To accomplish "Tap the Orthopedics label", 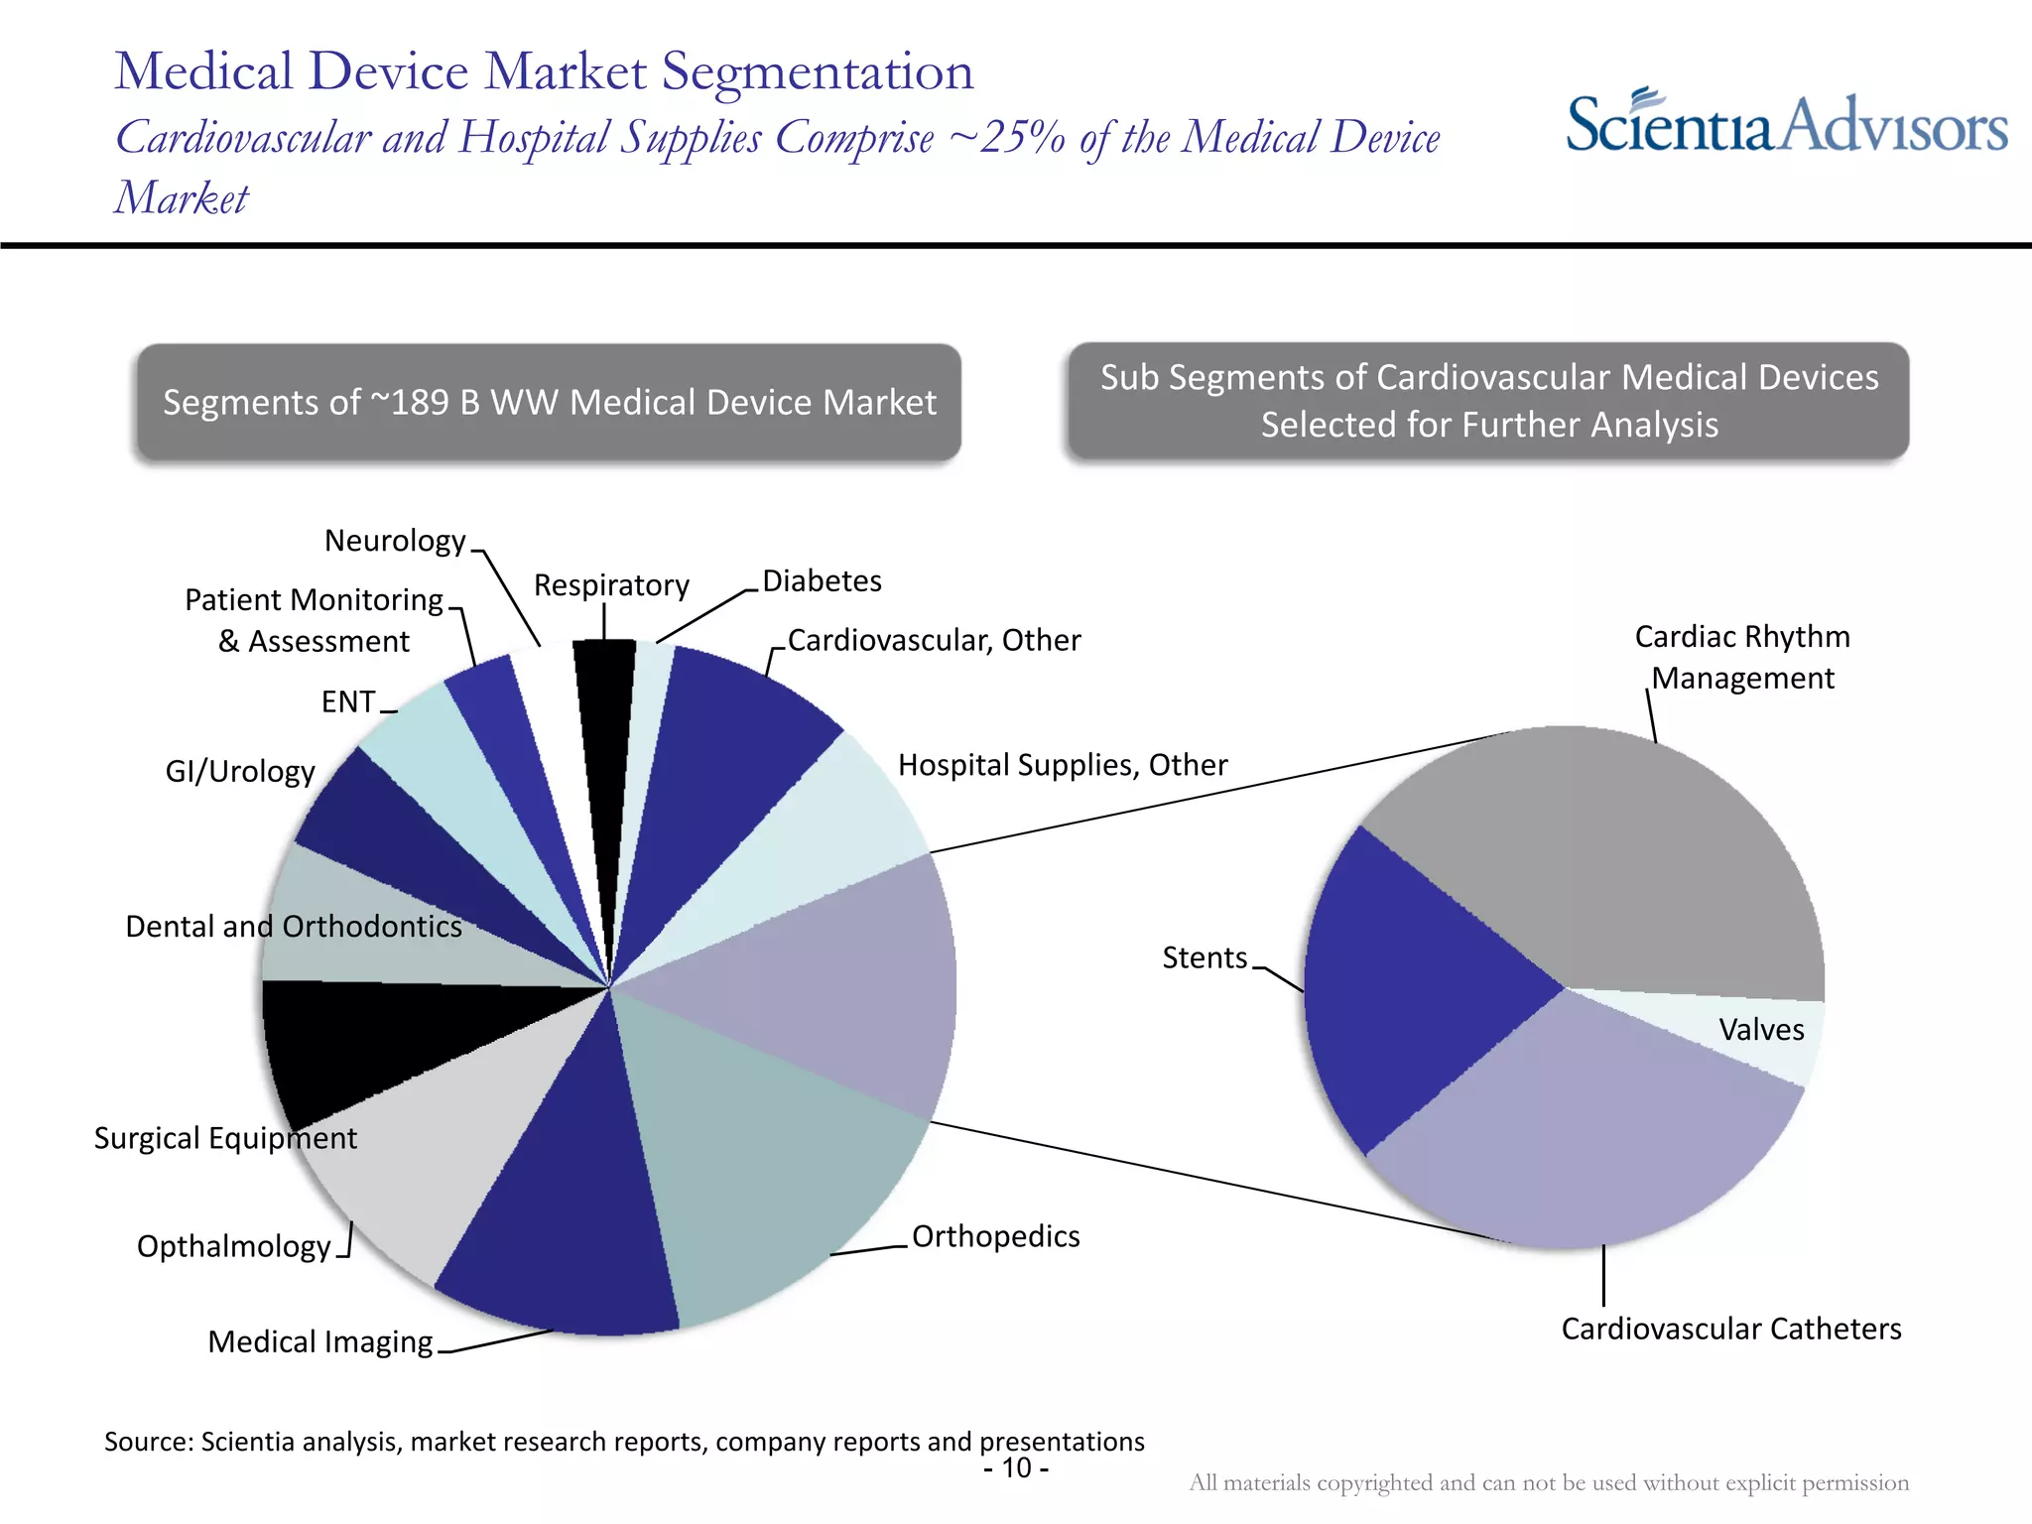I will tap(995, 1236).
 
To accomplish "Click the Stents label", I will tap(1204, 957).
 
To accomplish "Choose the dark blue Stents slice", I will tap(1409, 992).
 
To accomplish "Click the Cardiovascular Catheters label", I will tap(1730, 1329).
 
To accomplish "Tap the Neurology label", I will tap(395, 541).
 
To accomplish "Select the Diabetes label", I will tap(822, 580).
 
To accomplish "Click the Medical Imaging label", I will tap(319, 1341).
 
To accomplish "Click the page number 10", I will tap(1016, 1467).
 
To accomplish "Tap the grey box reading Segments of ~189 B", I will tap(549, 402).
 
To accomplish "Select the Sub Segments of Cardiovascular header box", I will tap(1488, 401).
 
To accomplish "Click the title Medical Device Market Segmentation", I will tap(544, 71).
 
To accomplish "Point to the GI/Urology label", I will tap(240, 771).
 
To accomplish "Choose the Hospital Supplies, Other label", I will tap(1062, 765).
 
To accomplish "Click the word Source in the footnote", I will tap(149, 1441).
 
